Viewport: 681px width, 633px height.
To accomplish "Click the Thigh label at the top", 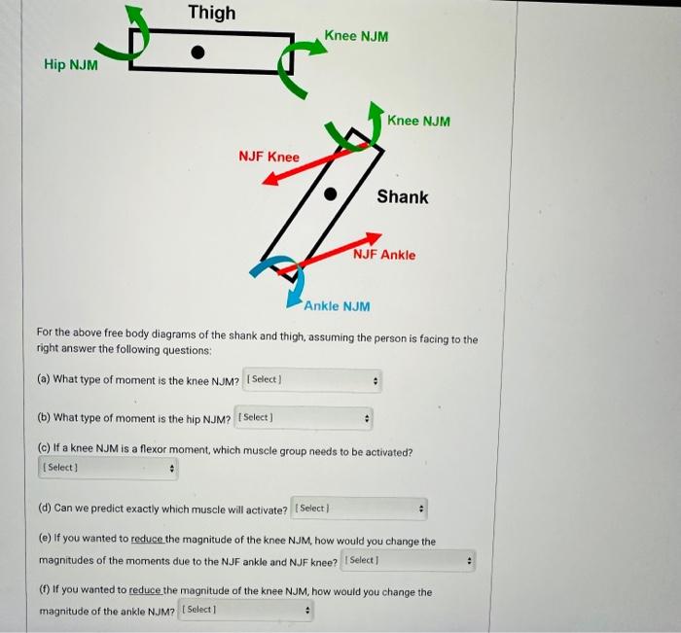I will (x=211, y=13).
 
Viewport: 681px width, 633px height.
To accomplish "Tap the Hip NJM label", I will (x=70, y=65).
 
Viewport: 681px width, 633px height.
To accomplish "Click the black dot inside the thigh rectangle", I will (x=198, y=53).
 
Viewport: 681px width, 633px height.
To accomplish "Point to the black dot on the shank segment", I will (x=330, y=193).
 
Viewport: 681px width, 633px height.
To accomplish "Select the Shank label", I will (x=402, y=197).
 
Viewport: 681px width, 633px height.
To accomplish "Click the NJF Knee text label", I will (x=269, y=157).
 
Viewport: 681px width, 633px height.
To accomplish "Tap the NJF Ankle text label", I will (x=384, y=255).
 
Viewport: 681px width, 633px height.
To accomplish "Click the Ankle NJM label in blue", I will (x=337, y=306).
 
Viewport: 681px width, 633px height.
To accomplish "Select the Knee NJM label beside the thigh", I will (x=356, y=36).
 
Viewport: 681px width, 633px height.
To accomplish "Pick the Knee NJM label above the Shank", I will (x=418, y=121).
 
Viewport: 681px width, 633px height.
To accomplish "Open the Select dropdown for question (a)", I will (x=312, y=379).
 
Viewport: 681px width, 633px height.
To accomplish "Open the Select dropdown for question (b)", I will (x=304, y=418).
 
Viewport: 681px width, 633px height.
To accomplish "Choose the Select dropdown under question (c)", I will (x=107, y=469).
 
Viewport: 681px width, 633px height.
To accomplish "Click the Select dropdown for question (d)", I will (x=359, y=509).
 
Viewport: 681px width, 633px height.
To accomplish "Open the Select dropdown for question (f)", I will (x=246, y=611).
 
